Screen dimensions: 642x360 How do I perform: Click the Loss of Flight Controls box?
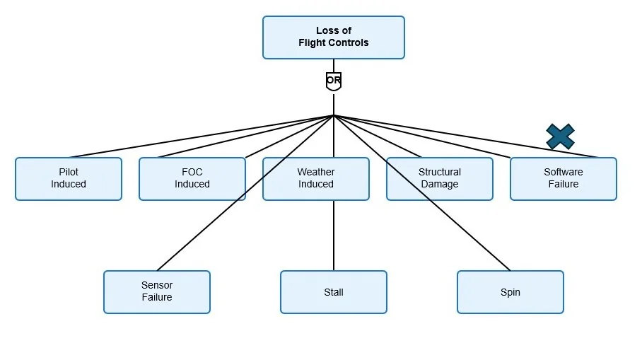click(334, 37)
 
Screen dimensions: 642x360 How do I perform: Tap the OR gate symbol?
click(334, 81)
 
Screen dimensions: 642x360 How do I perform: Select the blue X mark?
click(561, 137)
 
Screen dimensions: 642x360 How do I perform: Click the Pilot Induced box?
click(69, 179)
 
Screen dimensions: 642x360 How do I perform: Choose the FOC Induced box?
click(192, 179)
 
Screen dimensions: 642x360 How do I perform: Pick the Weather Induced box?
click(315, 179)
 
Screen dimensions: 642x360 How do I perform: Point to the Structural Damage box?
click(440, 179)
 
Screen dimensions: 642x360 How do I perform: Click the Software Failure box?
click(564, 179)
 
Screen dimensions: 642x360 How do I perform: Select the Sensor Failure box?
click(157, 292)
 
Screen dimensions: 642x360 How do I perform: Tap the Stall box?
click(334, 292)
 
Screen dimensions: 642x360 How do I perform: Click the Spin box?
click(510, 292)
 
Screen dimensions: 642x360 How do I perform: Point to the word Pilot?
click(69, 172)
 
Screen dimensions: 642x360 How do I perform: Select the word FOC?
click(192, 172)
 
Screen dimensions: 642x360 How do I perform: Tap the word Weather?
click(315, 172)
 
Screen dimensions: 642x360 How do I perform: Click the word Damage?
click(440, 185)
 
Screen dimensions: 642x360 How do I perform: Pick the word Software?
click(564, 172)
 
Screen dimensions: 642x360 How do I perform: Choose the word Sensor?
click(157, 285)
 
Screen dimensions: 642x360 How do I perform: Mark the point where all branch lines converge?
click(334, 115)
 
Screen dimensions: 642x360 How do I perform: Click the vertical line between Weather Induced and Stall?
click(334, 236)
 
